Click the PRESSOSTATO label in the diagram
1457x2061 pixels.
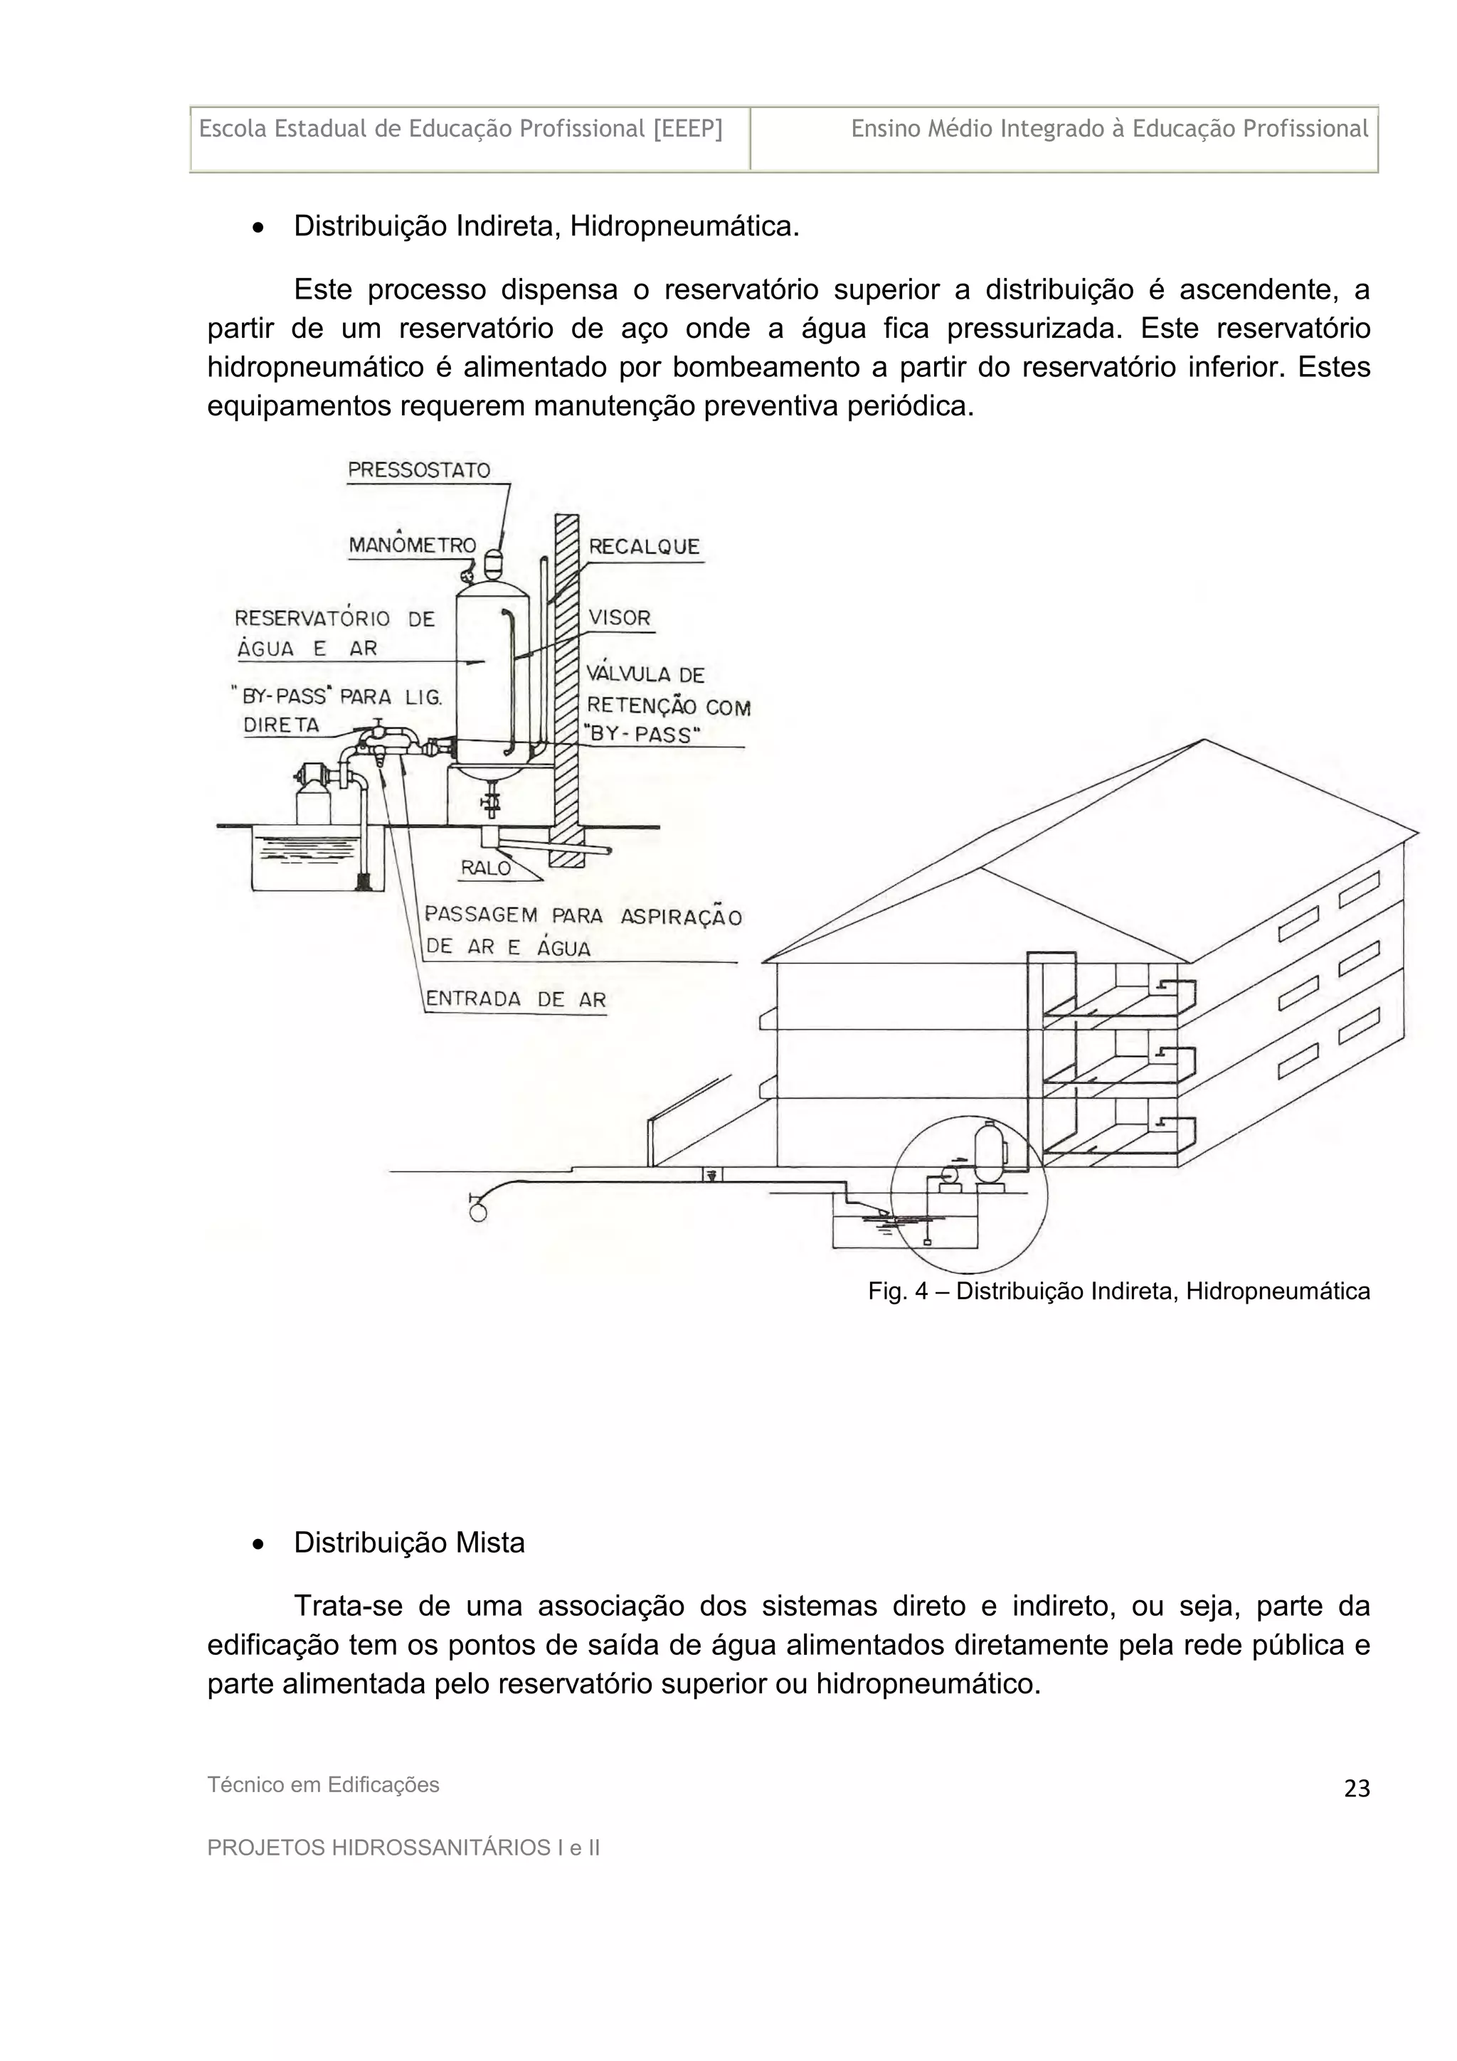(418, 470)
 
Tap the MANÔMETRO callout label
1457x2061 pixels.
(412, 545)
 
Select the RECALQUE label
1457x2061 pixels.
(644, 548)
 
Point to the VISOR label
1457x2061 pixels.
(620, 617)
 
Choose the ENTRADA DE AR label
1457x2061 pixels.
(515, 999)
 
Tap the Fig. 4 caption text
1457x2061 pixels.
(1118, 1291)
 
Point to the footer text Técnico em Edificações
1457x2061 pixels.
(323, 1784)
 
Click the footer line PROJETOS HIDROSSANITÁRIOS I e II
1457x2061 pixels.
(403, 1848)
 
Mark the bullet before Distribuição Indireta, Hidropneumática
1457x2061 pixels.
(258, 228)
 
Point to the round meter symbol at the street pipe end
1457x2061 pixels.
(479, 1212)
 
